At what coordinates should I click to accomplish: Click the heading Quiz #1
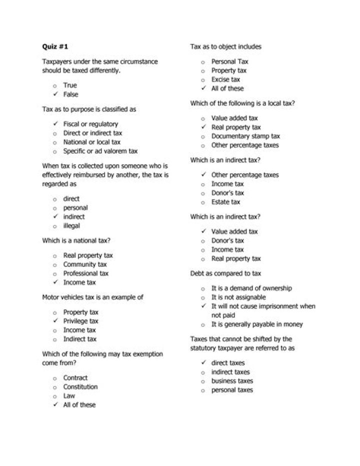pyautogui.click(x=54, y=47)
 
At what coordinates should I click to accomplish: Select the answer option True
pyautogui.click(x=70, y=86)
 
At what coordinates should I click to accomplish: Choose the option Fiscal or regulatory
pyautogui.click(x=90, y=124)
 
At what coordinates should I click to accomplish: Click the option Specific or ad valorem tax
pyautogui.click(x=100, y=151)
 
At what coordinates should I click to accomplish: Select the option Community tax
pyautogui.click(x=84, y=264)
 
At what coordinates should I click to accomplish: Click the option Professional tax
pyautogui.click(x=85, y=273)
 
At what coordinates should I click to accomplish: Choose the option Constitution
pyautogui.click(x=80, y=387)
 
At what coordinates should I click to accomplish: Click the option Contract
pyautogui.click(x=75, y=378)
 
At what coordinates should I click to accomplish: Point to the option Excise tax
pyautogui.click(x=225, y=80)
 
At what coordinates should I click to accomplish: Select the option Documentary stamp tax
pyautogui.click(x=245, y=136)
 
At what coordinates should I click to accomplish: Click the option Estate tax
pyautogui.click(x=225, y=202)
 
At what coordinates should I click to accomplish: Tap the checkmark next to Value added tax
pyautogui.click(x=203, y=231)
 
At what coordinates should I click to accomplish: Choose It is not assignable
pyautogui.click(x=238, y=297)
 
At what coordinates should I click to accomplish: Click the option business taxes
pyautogui.click(x=232, y=381)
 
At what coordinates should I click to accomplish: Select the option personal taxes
pyautogui.click(x=232, y=390)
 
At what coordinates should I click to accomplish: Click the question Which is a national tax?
pyautogui.click(x=76, y=240)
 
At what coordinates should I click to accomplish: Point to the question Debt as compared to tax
pyautogui.click(x=225, y=274)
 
